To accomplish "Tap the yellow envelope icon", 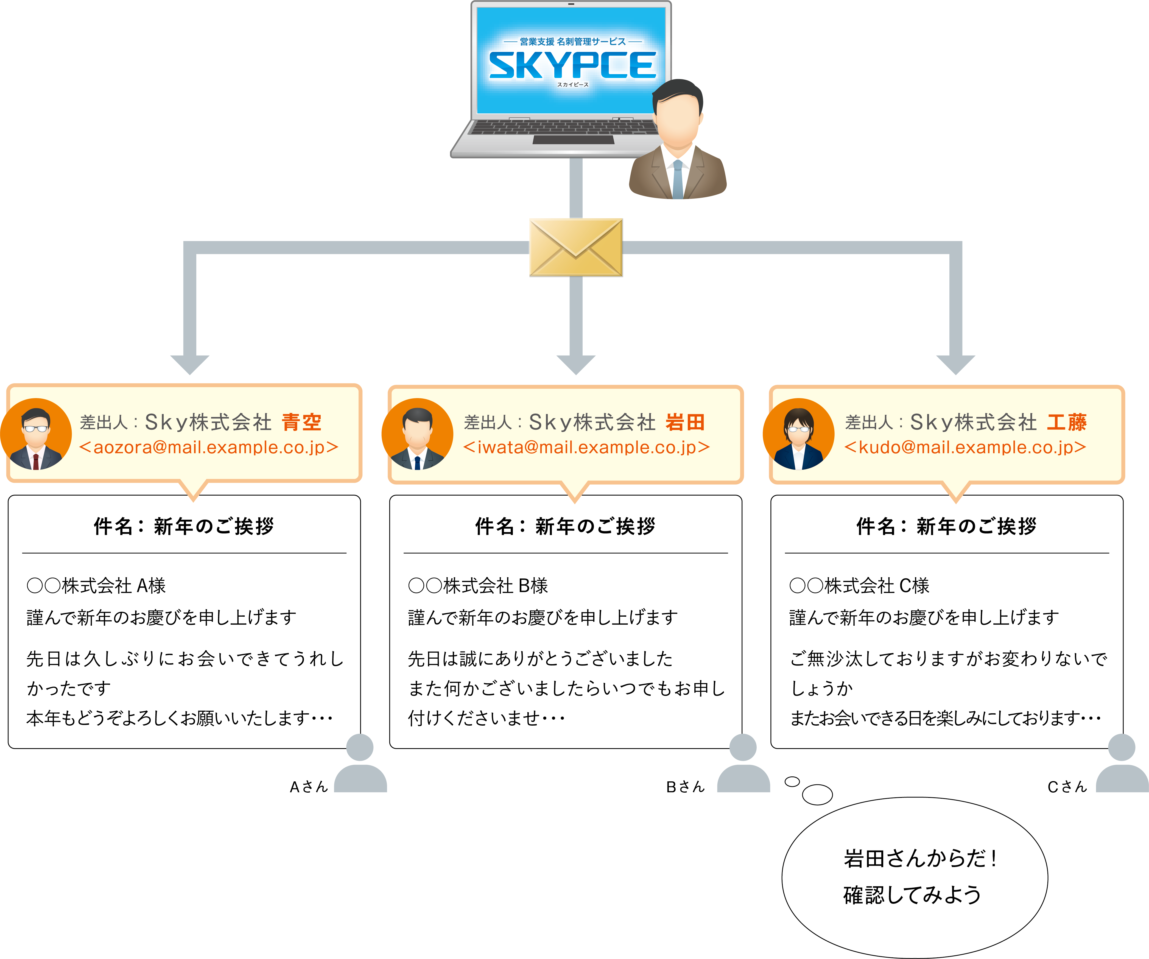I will pos(575,247).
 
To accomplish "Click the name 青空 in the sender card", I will pos(301,422).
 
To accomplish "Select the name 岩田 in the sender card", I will pos(685,422).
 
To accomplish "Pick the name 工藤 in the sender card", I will pos(1066,422).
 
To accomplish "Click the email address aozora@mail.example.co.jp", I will pos(208,448).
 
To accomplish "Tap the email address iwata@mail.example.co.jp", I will pos(586,448).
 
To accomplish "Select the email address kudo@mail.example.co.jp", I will pos(965,448).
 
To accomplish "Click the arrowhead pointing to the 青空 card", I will pos(190,364).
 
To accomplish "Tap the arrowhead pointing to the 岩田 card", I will pos(575,364).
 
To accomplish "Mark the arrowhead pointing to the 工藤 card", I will pos(955,364).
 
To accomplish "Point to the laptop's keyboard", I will pos(564,127).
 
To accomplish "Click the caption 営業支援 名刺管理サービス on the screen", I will pos(572,41).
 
